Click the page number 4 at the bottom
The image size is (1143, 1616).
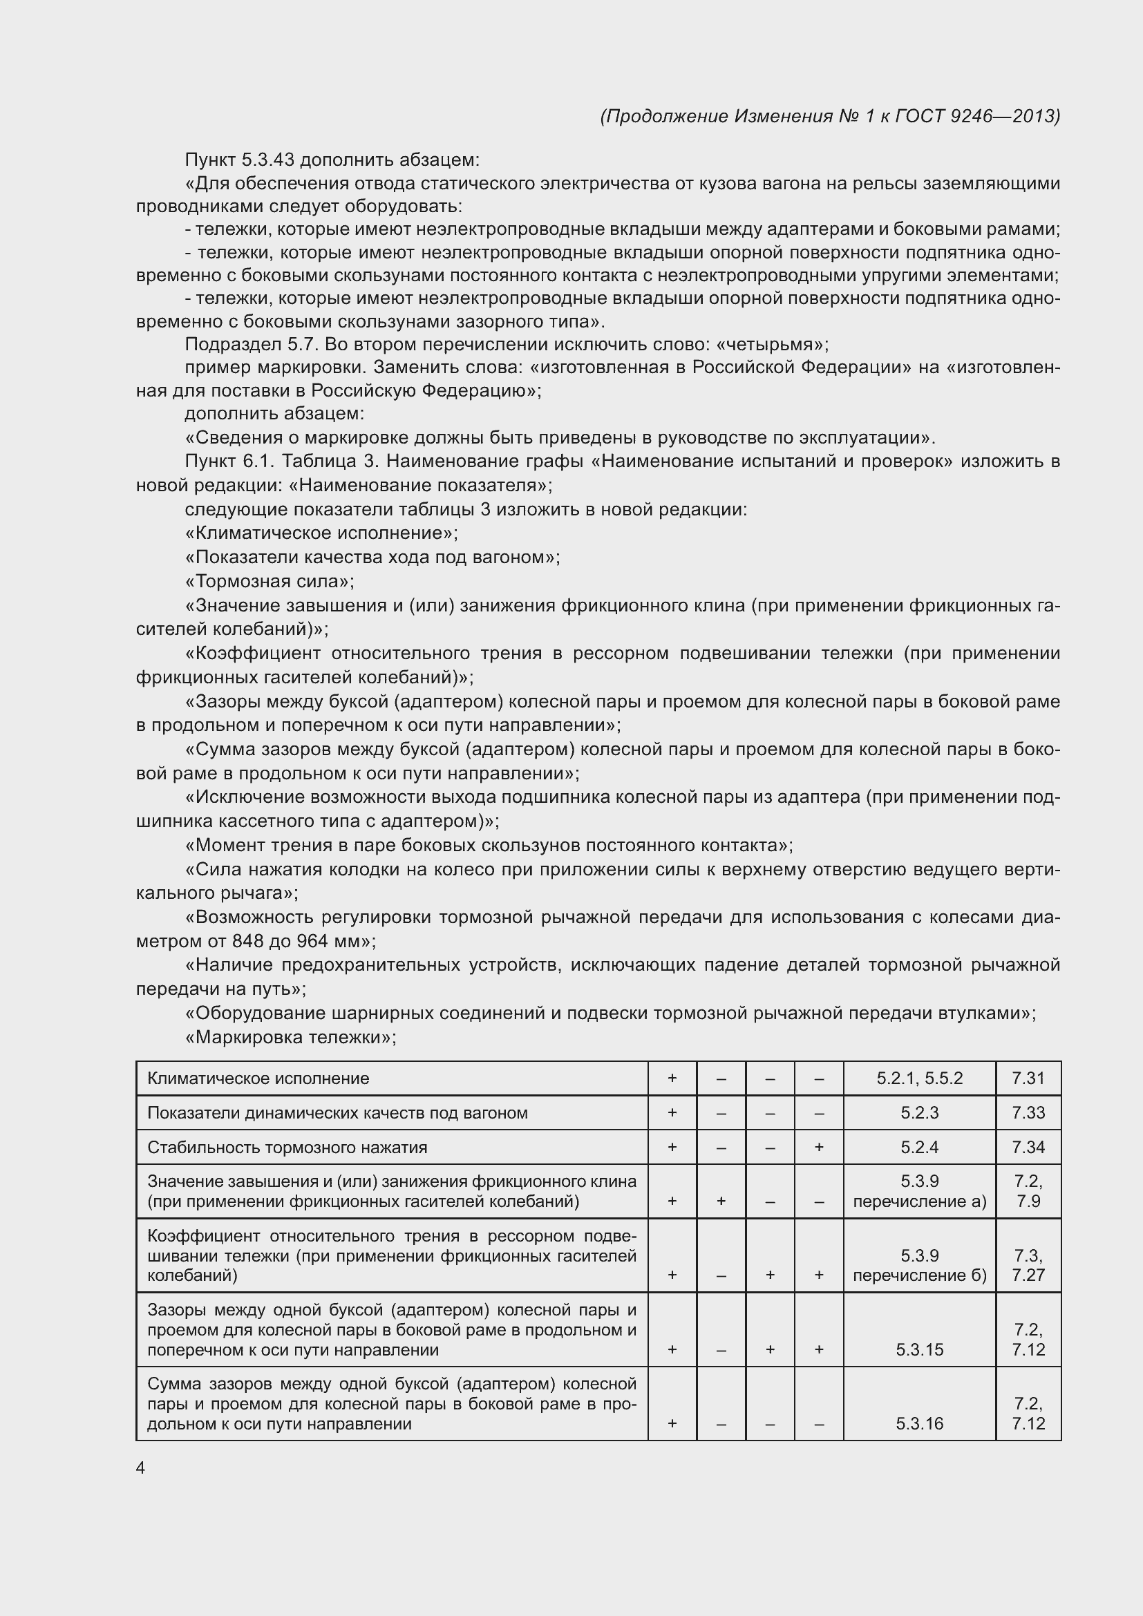pyautogui.click(x=140, y=1467)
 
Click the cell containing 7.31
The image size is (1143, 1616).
pyautogui.click(x=1028, y=1078)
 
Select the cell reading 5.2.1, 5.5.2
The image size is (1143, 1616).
pyautogui.click(x=919, y=1078)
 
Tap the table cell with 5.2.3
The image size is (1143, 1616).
pyautogui.click(x=919, y=1113)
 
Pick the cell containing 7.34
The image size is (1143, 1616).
pyautogui.click(x=1028, y=1148)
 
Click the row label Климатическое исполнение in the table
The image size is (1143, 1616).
pyautogui.click(x=258, y=1078)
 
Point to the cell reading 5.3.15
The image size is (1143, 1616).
pyautogui.click(x=919, y=1349)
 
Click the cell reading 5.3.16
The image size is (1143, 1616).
pyautogui.click(x=919, y=1423)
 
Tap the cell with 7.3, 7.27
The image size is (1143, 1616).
pyautogui.click(x=1028, y=1265)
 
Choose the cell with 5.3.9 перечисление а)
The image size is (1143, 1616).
pyautogui.click(x=919, y=1192)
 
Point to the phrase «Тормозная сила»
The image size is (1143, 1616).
pyautogui.click(x=269, y=581)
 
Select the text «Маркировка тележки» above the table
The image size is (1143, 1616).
pyautogui.click(x=290, y=1037)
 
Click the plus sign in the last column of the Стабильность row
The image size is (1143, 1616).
pyautogui.click(x=818, y=1148)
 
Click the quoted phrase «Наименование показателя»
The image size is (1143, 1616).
pyautogui.click(x=419, y=486)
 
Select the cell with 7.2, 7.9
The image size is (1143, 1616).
pyautogui.click(x=1028, y=1192)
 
